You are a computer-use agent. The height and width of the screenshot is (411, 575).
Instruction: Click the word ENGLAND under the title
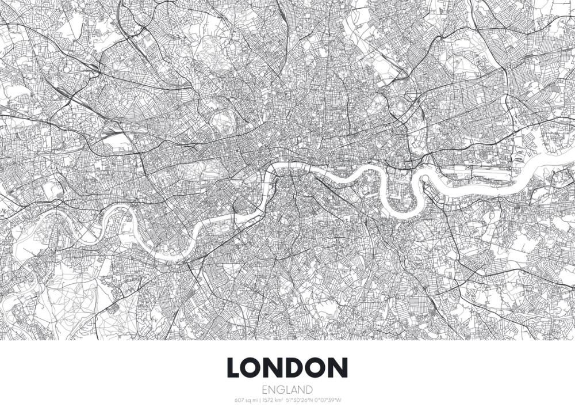pyautogui.click(x=287, y=389)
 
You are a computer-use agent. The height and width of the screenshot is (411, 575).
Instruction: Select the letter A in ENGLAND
pyautogui.click(x=294, y=389)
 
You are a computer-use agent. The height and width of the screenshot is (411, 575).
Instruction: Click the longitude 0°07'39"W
pyautogui.click(x=328, y=400)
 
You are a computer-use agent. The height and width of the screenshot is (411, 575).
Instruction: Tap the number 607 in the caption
pyautogui.click(x=239, y=400)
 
